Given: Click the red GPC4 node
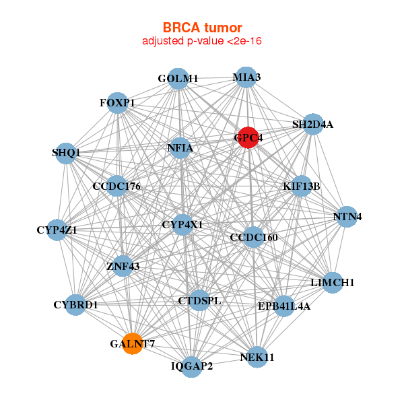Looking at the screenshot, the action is point(248,137).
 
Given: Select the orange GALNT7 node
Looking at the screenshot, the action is point(133,343).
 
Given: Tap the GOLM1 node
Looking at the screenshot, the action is point(178,78).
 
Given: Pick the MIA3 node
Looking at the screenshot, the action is point(246,77).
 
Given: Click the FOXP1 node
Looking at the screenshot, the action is point(117,102).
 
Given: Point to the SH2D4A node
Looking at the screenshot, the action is point(312,124).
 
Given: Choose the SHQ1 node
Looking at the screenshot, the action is point(66,152).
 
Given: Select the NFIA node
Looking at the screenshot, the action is point(180,147).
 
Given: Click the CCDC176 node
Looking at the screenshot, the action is point(116,185).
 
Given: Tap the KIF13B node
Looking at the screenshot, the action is point(301,185).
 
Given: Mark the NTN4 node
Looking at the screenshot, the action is point(347,216).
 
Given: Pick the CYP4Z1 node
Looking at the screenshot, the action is point(57,230).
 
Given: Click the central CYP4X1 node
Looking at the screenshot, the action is point(182,224).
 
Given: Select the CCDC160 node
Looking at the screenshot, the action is point(253,237).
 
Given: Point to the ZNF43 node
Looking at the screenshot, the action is point(123,266).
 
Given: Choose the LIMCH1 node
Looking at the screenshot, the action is point(332,282).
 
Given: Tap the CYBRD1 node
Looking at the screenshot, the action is point(76,304).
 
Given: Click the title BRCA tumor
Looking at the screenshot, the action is point(202,28).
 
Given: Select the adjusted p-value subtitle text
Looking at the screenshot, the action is point(202,41).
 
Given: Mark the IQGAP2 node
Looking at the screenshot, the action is point(192,366).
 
